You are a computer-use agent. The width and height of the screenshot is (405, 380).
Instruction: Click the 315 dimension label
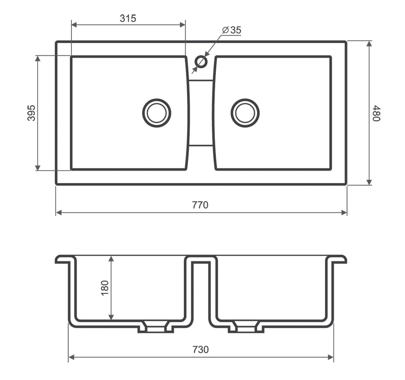pos(128,18)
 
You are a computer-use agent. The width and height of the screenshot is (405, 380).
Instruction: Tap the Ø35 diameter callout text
pos(232,30)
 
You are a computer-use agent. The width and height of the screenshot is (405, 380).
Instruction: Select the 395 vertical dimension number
pos(31,113)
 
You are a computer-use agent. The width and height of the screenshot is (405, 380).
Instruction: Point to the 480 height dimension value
pos(376,113)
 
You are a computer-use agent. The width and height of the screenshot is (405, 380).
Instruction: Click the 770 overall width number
pos(200,205)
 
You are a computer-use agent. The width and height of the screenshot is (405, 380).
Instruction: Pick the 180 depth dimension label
pos(105,288)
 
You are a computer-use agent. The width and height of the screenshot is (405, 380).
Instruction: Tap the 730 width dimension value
pos(200,349)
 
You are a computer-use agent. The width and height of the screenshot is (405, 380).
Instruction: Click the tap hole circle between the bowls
pos(201,62)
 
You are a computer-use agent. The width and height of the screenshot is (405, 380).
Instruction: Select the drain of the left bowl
pos(157,113)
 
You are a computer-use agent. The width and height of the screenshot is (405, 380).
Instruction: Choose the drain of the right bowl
pos(245,113)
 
